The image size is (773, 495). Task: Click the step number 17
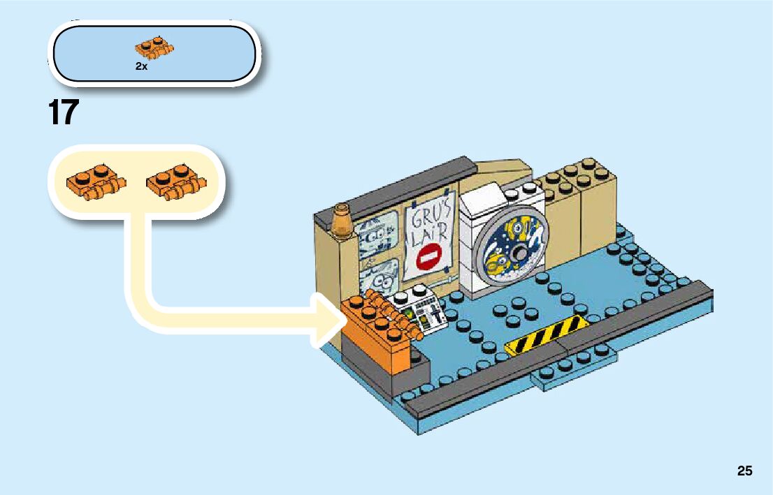point(64,112)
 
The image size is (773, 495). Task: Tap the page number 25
point(744,471)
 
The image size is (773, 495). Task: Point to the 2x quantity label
point(141,66)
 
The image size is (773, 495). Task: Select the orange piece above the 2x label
point(154,49)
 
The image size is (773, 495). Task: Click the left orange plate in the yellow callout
point(95,184)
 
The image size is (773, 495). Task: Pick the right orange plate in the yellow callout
point(175,184)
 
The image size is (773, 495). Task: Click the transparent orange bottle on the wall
point(343,221)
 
